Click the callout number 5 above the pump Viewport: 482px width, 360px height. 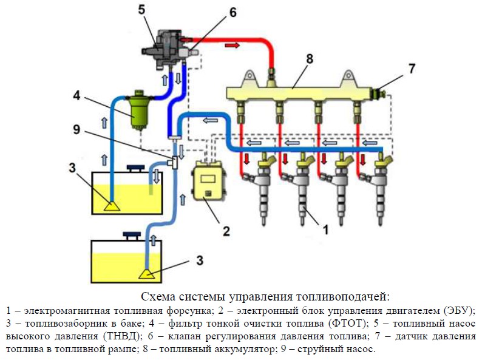pyautogui.click(x=141, y=10)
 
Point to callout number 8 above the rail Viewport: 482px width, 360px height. pyautogui.click(x=310, y=59)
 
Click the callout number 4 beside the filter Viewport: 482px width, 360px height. pyautogui.click(x=76, y=95)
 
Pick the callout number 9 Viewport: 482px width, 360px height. pyautogui.click(x=76, y=129)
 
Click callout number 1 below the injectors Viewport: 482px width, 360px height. pyautogui.click(x=325, y=229)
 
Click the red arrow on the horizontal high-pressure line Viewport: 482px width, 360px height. pyautogui.click(x=231, y=45)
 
